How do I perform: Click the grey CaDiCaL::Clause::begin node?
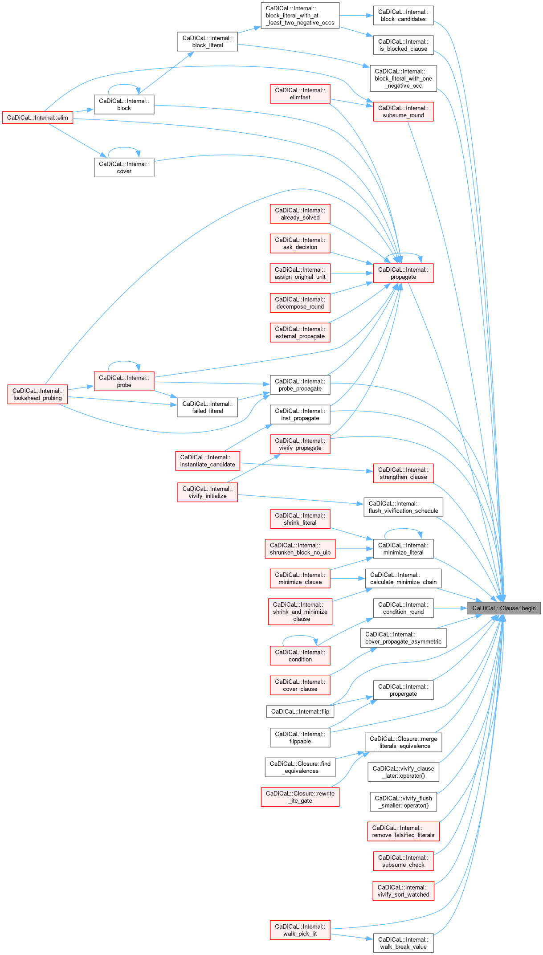coord(504,608)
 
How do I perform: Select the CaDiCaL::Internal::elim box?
coord(37,118)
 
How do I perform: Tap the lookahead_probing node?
coord(37,394)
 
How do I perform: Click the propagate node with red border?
coord(403,273)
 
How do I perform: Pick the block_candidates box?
coord(403,16)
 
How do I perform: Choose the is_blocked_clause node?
coord(403,45)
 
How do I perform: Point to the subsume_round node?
coord(403,111)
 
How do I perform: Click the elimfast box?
coord(300,94)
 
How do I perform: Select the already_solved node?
coord(300,214)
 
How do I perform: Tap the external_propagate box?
coord(300,332)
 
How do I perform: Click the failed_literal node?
coord(207,407)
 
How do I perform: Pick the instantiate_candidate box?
coord(207,461)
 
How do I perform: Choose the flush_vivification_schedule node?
coord(403,507)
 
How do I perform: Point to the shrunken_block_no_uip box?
coord(300,549)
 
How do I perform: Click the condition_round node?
coord(403,608)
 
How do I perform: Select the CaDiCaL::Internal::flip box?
coord(300,711)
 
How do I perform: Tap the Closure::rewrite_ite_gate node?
coord(300,797)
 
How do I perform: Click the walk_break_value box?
coord(403,943)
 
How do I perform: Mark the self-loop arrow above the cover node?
coord(124,148)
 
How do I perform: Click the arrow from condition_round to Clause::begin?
coord(450,608)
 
